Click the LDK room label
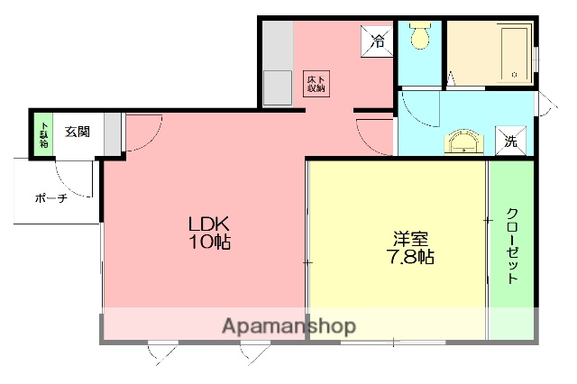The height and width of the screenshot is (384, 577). click(x=210, y=224)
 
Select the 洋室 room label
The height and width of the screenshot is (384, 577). click(x=410, y=239)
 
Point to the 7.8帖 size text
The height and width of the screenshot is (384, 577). click(x=410, y=257)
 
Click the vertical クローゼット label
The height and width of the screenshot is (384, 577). click(x=512, y=245)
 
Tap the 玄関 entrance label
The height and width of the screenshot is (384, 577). click(x=77, y=132)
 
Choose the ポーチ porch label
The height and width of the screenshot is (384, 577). click(x=50, y=199)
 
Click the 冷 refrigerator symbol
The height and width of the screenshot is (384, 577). click(x=378, y=41)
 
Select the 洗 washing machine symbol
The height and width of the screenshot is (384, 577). click(x=510, y=141)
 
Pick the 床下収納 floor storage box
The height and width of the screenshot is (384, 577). click(x=316, y=83)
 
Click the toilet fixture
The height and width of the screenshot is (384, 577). click(x=419, y=36)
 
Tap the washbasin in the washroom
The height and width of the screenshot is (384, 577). click(x=465, y=142)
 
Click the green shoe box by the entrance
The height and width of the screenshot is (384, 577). click(x=41, y=134)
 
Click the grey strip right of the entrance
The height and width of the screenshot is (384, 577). click(x=112, y=133)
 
